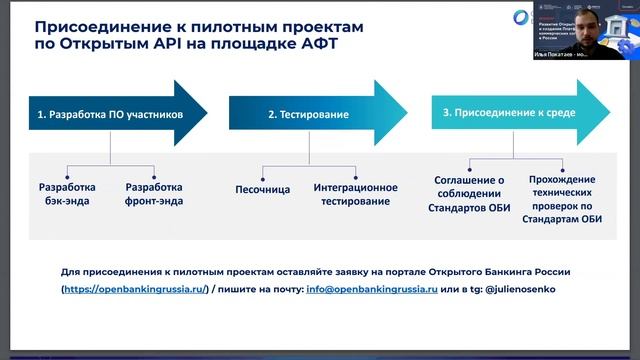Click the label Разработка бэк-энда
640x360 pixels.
click(x=67, y=194)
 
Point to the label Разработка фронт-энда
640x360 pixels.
click(x=154, y=194)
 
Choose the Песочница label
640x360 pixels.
click(x=263, y=188)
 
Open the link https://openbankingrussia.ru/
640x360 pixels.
click(x=134, y=289)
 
